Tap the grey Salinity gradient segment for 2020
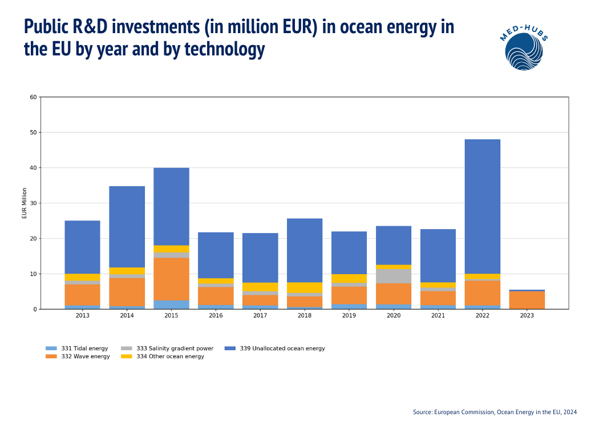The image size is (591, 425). click(x=394, y=276)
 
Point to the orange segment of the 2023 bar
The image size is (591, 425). click(x=527, y=300)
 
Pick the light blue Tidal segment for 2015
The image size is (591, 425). click(x=171, y=304)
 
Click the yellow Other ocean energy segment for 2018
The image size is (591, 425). click(x=305, y=288)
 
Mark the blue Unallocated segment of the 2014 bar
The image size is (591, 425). click(x=127, y=227)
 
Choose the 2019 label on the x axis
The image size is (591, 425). click(x=349, y=315)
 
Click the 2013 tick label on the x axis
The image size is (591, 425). click(x=82, y=315)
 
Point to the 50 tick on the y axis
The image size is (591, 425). click(x=33, y=133)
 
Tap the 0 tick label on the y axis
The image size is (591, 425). click(x=35, y=309)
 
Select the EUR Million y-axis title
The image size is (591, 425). click(x=25, y=203)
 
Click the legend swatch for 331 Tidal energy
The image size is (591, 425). click(x=51, y=348)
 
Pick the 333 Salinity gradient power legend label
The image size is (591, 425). click(x=175, y=348)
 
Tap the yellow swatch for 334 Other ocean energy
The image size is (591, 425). click(x=127, y=356)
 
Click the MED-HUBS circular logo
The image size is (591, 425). click(x=524, y=50)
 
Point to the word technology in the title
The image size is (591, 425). click(x=225, y=50)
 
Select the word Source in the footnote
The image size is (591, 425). click(x=422, y=412)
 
